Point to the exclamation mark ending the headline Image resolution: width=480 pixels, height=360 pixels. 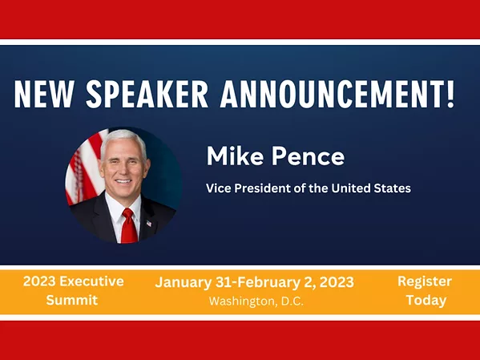(x=450, y=95)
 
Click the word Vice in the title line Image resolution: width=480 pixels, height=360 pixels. (x=218, y=189)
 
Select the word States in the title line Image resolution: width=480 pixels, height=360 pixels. (x=393, y=189)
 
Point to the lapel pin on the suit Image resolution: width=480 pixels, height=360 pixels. (x=149, y=222)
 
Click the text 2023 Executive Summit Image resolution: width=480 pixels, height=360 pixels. (x=73, y=291)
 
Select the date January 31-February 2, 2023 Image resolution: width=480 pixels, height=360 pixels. (x=254, y=282)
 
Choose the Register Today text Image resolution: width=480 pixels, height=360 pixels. (x=424, y=291)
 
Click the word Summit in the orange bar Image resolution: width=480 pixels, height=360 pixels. (x=73, y=301)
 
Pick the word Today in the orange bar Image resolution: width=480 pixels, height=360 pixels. (x=425, y=301)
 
